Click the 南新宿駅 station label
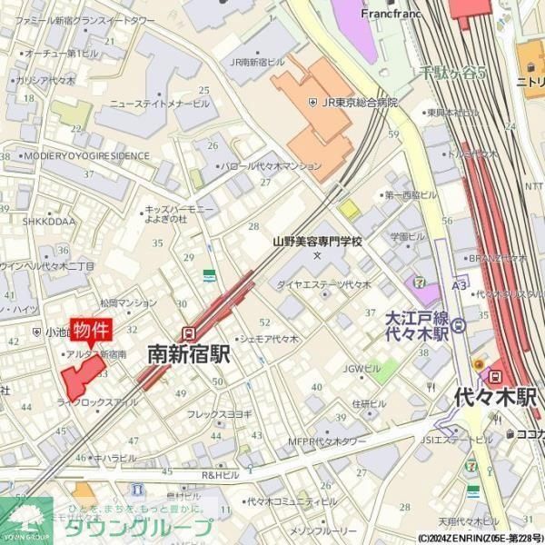(x=188, y=353)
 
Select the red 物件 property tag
(x=92, y=330)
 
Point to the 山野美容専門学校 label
(x=317, y=242)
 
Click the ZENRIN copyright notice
(x=481, y=538)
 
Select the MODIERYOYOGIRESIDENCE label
(x=87, y=155)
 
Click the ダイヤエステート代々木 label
(x=324, y=284)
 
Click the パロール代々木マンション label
(x=272, y=166)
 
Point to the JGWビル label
(x=362, y=368)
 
